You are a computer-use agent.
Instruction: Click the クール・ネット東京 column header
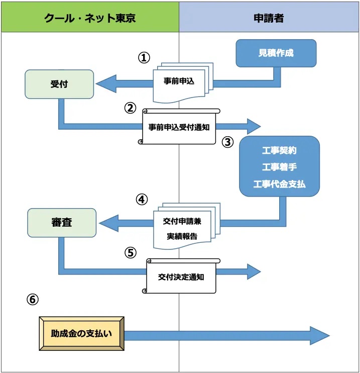[x=90, y=18]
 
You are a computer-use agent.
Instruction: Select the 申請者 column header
[x=269, y=18]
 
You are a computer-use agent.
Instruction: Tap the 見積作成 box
[x=276, y=53]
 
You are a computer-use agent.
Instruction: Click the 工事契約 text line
[x=279, y=150]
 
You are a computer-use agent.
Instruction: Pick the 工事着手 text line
[x=279, y=167]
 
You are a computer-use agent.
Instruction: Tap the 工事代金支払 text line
[x=279, y=184]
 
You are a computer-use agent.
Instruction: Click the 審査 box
[x=61, y=222]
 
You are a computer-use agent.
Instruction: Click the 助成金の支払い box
[x=81, y=333]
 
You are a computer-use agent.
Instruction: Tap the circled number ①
[x=144, y=58]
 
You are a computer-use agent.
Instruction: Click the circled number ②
[x=130, y=108]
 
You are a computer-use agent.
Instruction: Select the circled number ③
[x=227, y=142]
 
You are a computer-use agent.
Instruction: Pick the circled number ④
[x=142, y=199]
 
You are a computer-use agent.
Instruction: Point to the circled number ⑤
[x=131, y=252]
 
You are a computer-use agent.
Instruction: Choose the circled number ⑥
[x=32, y=300]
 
